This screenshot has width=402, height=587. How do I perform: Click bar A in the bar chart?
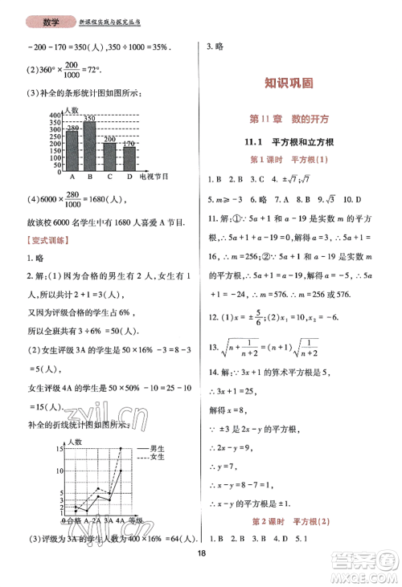(x=72, y=148)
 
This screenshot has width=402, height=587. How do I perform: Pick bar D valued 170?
(x=129, y=156)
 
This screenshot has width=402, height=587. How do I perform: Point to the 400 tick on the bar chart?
(x=55, y=116)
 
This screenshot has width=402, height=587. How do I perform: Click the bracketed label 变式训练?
(x=45, y=241)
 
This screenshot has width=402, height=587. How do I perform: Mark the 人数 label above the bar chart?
(x=72, y=109)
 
